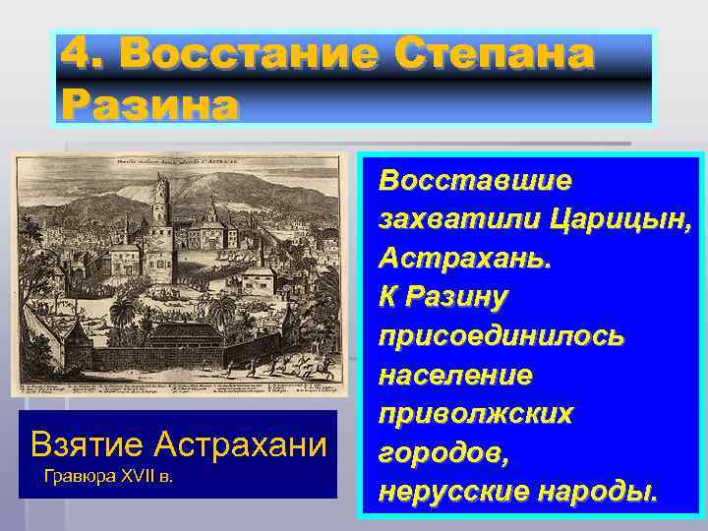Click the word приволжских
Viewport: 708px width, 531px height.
tap(476, 414)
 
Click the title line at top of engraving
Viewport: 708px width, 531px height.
tap(177, 160)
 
